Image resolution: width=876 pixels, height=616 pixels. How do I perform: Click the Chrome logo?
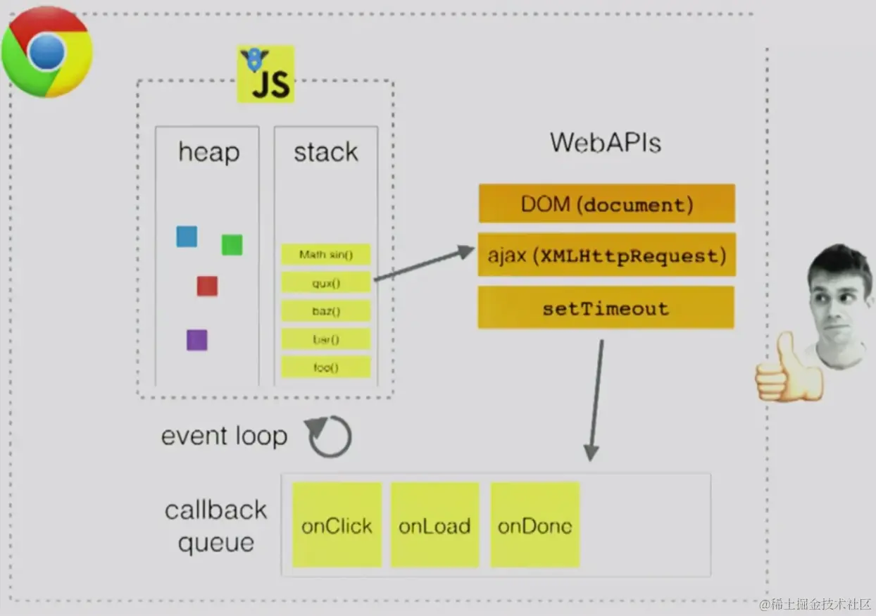point(46,52)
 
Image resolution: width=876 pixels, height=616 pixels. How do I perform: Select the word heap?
point(208,153)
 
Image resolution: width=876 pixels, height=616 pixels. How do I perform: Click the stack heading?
point(325,153)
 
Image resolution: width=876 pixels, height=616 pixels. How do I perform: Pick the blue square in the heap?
point(187,237)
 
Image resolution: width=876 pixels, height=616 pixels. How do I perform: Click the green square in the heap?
point(232,245)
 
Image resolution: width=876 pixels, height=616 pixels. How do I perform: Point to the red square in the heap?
point(207,286)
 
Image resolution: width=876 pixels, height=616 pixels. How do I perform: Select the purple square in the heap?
point(196,340)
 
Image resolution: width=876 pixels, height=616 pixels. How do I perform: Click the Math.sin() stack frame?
point(325,254)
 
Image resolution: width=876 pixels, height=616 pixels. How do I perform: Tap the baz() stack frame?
point(325,310)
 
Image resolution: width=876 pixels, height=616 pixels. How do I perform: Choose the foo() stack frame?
point(325,367)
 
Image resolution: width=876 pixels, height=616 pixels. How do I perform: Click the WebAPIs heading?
point(606,143)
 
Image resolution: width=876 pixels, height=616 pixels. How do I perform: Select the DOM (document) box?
point(606,204)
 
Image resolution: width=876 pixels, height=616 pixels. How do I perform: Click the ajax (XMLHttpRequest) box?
point(606,255)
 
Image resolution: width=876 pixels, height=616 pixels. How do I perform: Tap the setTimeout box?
point(606,308)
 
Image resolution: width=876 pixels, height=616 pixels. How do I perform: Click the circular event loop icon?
point(330,436)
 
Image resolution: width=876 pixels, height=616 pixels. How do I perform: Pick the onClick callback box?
point(337,525)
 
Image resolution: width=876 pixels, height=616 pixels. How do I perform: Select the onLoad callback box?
point(434,525)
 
